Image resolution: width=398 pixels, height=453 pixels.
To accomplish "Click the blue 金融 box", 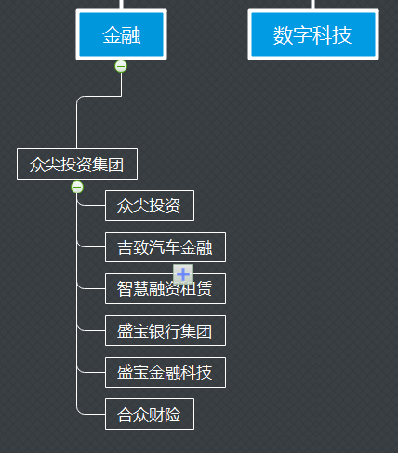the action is pyautogui.click(x=121, y=34).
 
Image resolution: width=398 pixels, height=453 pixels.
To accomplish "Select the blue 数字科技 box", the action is pyautogui.click(x=313, y=34).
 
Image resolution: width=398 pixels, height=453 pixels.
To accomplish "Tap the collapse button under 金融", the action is pyautogui.click(x=121, y=66).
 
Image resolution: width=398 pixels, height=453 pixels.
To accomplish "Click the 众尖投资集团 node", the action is pyautogui.click(x=77, y=164).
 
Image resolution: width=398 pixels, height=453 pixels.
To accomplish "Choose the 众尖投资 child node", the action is pyautogui.click(x=150, y=206).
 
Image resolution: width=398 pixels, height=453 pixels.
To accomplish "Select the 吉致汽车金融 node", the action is pyautogui.click(x=166, y=247).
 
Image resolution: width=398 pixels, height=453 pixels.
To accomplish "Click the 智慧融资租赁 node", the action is pyautogui.click(x=166, y=288).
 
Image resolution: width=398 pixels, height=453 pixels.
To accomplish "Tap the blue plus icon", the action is pyautogui.click(x=183, y=274).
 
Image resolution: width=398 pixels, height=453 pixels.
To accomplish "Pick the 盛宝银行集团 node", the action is pyautogui.click(x=166, y=330).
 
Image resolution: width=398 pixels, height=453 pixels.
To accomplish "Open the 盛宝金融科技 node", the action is pyautogui.click(x=166, y=372).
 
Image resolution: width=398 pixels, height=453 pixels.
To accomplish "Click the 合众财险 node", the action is pyautogui.click(x=150, y=414).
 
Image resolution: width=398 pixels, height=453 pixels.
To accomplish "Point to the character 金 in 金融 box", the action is pyautogui.click(x=112, y=34).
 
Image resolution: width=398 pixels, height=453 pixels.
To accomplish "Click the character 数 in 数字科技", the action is pyautogui.click(x=283, y=35).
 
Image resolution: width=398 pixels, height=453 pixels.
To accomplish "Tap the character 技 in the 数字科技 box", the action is pyautogui.click(x=342, y=35).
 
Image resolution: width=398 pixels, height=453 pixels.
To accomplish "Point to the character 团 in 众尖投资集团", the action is pyautogui.click(x=116, y=165).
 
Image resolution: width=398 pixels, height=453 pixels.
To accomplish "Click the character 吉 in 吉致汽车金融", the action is pyautogui.click(x=126, y=247).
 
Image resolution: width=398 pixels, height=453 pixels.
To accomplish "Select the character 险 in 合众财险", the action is pyautogui.click(x=173, y=415).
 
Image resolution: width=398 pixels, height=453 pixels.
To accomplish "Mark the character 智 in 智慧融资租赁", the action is pyautogui.click(x=125, y=289).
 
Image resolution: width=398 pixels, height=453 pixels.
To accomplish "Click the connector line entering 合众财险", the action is pyautogui.click(x=91, y=414).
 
